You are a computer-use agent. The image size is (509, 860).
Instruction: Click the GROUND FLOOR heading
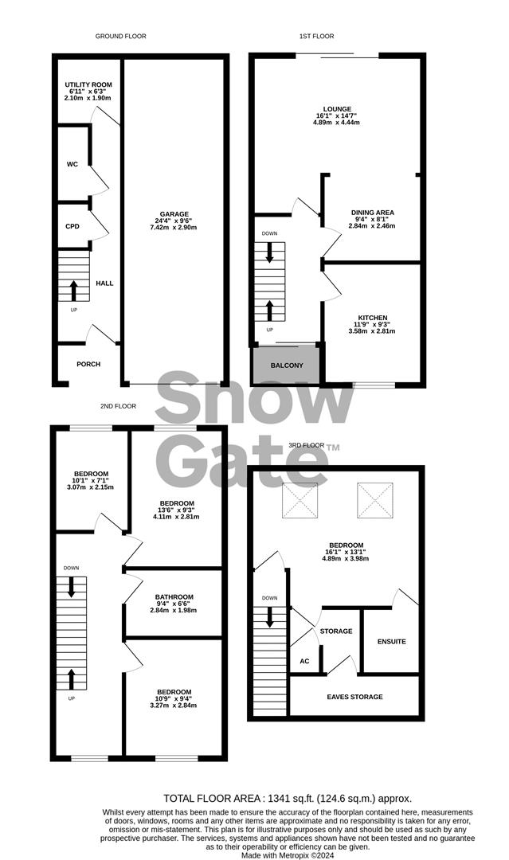pos(120,36)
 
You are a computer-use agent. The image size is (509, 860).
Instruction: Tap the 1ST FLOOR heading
pos(316,36)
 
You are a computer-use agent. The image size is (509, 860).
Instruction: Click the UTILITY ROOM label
pos(88,84)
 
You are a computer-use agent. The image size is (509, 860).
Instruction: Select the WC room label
pos(72,164)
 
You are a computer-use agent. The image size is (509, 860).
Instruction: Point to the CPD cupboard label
pos(72,226)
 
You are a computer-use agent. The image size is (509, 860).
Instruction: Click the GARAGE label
pos(174,214)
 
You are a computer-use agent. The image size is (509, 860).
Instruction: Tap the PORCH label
pos(88,364)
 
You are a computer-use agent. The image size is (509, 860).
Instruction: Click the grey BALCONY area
pos(285,365)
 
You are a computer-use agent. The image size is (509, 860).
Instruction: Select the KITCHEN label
pos(373,318)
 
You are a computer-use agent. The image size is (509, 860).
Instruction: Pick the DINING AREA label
pos(373,213)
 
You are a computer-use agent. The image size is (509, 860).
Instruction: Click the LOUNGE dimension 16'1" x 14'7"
pos(337,115)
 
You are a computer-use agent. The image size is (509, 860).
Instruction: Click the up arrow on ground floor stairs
pos(73,291)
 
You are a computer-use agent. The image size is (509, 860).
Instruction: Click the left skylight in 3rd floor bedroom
pos(300,500)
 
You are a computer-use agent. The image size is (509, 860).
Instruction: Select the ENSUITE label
pos(392,641)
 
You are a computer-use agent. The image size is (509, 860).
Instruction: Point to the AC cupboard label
pos(304,661)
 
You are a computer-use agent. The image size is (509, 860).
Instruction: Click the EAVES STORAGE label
pos(355,697)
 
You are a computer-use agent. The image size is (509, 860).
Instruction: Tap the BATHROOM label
pos(174,596)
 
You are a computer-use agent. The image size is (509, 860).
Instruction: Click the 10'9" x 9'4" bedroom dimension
pos(174,698)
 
